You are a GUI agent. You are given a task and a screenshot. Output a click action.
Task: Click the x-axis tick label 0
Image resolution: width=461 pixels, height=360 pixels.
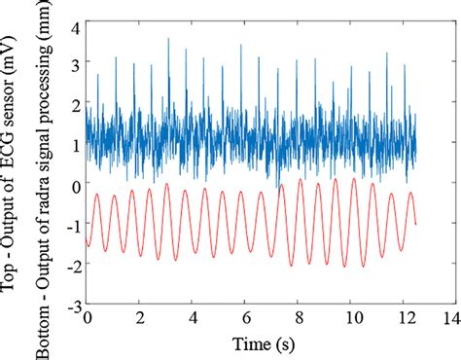(87, 317)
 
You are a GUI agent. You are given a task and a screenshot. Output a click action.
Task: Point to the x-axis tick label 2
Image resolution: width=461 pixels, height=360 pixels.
(141, 317)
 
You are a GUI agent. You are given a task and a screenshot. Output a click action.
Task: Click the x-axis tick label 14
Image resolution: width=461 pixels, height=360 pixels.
(449, 317)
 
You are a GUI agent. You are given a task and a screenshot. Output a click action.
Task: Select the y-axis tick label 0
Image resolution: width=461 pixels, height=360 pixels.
(74, 183)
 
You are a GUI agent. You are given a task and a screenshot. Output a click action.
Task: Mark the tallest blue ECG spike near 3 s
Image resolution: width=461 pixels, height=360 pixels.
(168, 39)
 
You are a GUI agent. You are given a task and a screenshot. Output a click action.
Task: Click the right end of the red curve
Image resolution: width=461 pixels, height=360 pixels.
(416, 224)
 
